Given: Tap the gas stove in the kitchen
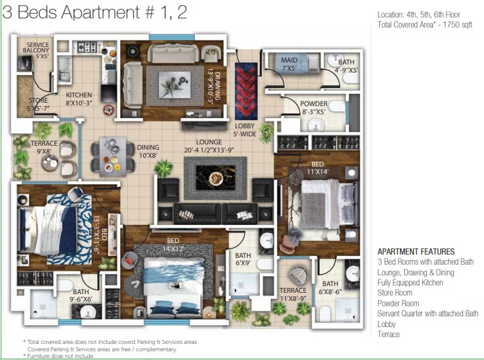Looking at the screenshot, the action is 87,47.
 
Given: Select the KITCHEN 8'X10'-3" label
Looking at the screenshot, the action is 79,99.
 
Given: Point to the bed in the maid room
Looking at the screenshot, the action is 297,63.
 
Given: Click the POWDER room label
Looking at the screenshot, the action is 313,107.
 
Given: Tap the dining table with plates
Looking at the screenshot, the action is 113,156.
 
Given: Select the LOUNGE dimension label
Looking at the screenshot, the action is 209,146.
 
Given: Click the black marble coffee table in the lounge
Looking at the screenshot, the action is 215,178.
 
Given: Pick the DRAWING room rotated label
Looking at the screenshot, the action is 215,86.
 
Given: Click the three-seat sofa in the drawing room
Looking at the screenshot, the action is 173,53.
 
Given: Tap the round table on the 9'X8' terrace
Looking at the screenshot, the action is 50,163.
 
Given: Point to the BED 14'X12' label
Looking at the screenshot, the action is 173,244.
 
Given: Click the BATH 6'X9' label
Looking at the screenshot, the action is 243,259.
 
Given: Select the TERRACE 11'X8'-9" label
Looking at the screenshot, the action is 293,295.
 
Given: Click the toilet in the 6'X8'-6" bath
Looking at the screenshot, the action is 325,314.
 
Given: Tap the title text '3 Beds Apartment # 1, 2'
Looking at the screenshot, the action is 95,13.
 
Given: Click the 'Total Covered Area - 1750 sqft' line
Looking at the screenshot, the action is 425,25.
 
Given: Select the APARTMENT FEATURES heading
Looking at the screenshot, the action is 416,251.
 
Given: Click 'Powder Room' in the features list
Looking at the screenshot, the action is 398,303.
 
